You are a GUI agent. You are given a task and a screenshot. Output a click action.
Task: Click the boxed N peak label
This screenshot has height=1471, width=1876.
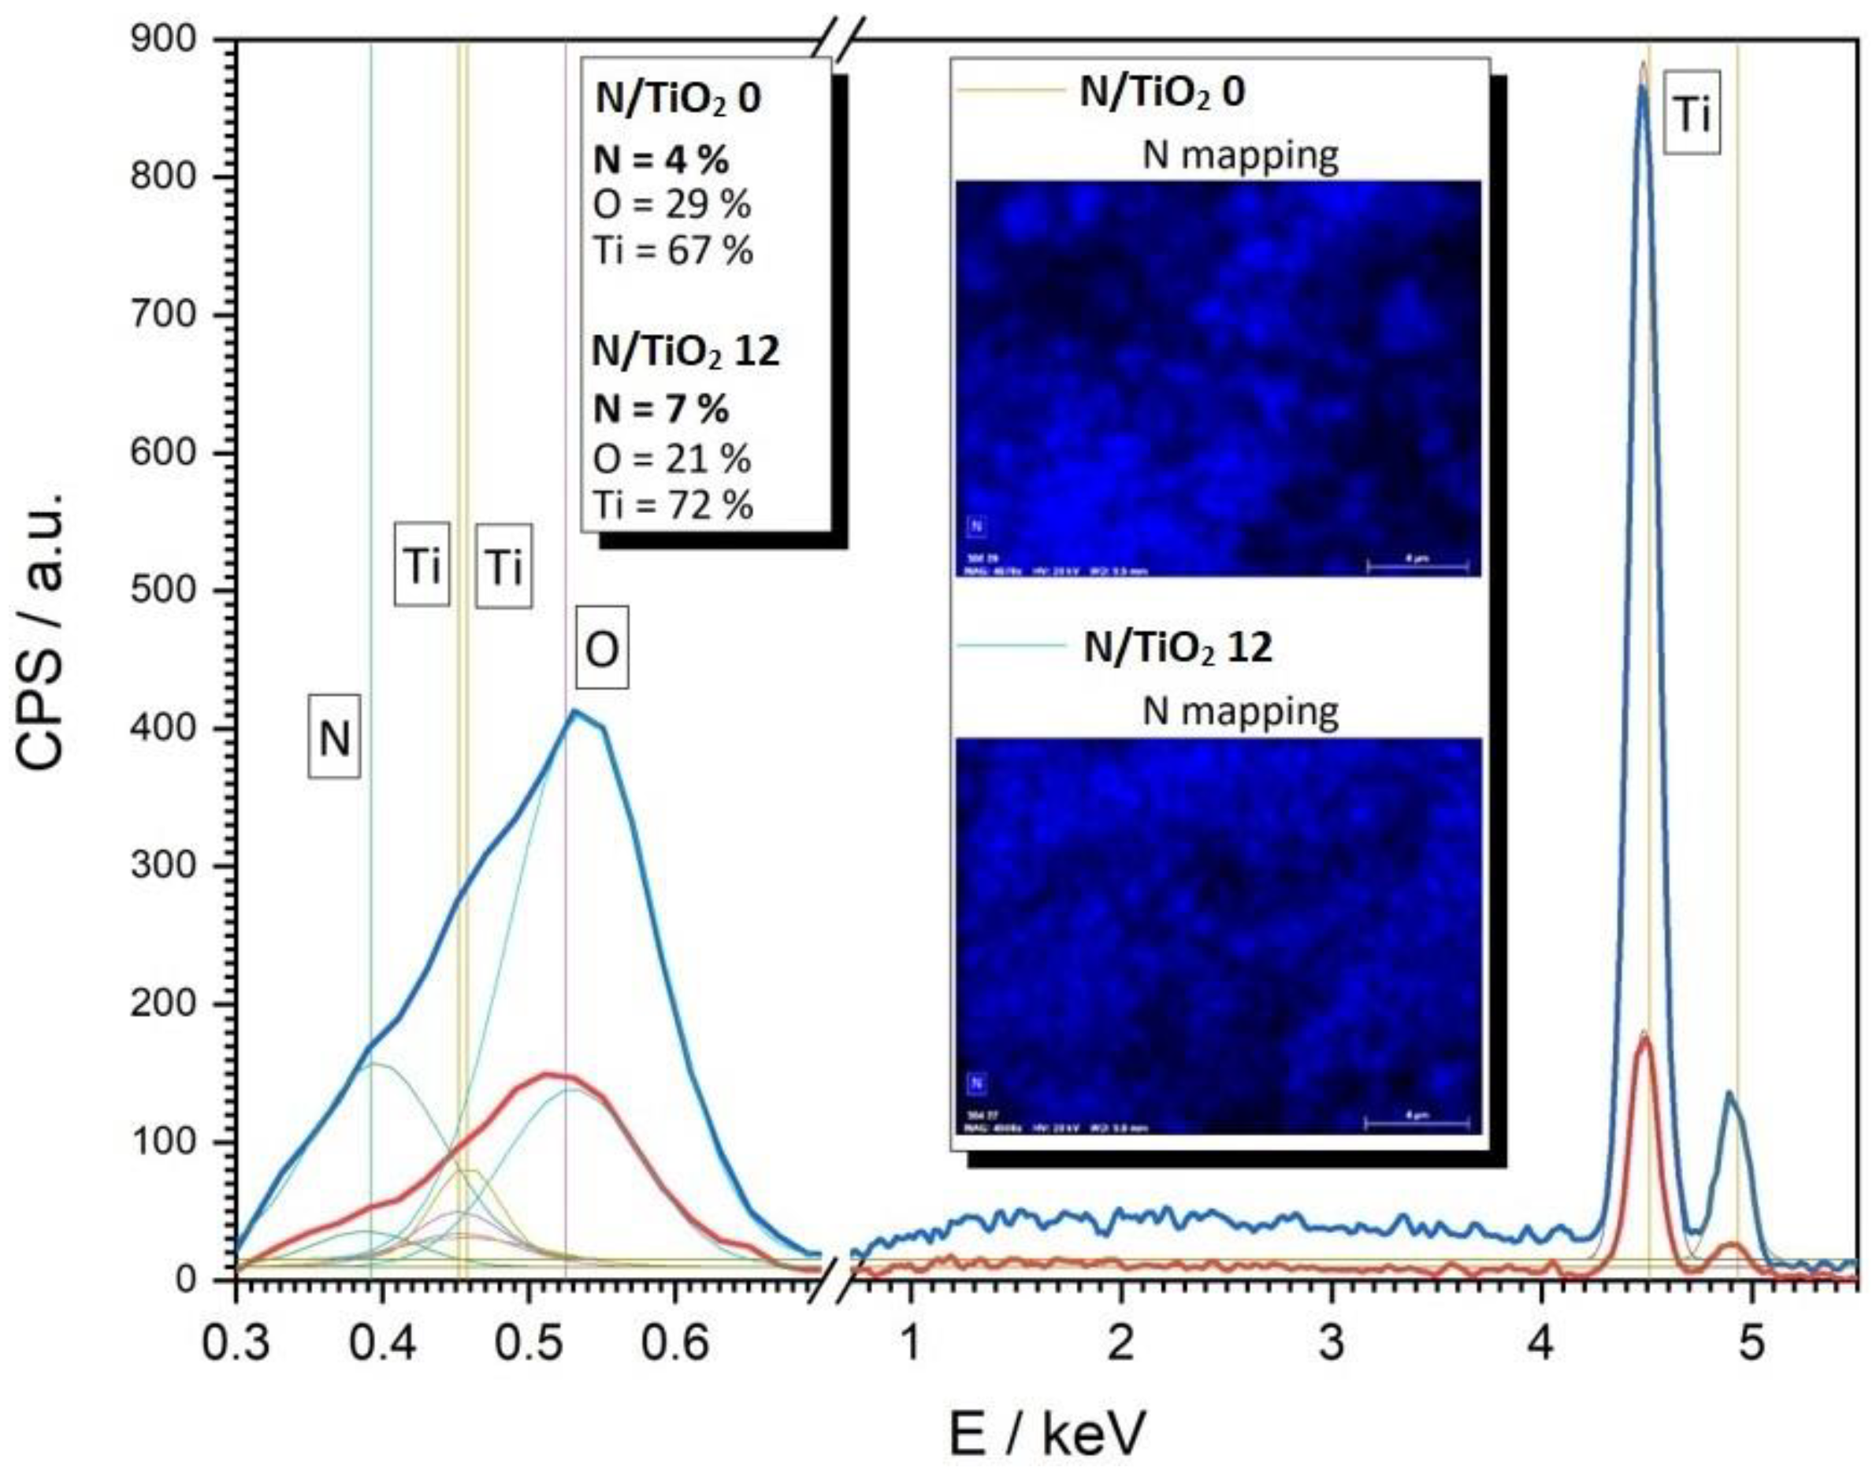tap(334, 739)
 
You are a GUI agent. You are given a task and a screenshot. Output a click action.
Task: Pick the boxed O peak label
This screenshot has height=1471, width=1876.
tap(601, 648)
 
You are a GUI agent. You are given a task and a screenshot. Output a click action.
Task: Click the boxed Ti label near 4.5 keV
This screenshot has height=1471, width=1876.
tap(1692, 113)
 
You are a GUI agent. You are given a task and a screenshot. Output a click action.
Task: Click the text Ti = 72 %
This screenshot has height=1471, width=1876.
tap(673, 506)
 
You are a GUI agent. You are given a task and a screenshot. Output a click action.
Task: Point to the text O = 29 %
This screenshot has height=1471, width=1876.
tap(672, 205)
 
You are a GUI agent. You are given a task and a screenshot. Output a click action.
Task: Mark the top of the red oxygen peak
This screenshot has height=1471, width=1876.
tap(546, 1073)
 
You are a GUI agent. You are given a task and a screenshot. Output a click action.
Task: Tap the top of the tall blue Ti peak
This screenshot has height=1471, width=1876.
tap(1643, 86)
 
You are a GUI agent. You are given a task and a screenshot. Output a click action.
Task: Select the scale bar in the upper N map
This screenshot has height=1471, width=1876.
tap(1417, 566)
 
